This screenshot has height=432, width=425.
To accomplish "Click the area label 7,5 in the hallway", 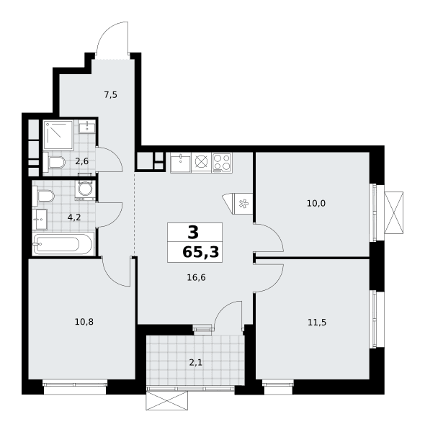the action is click(110, 95).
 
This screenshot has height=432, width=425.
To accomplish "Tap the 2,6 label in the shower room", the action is click(82, 161).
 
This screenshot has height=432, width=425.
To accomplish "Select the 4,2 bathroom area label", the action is click(74, 217).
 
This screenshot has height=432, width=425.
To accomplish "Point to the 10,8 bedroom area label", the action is click(84, 322).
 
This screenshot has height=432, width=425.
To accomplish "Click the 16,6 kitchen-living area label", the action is click(196, 277).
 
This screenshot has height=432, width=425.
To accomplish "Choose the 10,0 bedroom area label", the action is click(316, 204).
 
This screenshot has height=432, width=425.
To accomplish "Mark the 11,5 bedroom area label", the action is click(317, 322).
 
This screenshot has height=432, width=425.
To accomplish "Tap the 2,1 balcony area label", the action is click(196, 363).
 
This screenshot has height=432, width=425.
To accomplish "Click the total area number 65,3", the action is click(201, 252).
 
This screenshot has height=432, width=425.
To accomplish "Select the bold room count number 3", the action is click(193, 233).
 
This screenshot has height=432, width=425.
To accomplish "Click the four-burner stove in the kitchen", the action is click(222, 163).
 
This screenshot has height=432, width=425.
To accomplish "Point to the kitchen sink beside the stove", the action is click(181, 163).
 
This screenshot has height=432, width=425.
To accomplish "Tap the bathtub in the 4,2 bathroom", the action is click(63, 244).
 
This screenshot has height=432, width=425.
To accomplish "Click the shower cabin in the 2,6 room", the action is click(58, 135).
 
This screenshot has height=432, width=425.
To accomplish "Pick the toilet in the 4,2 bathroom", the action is click(43, 196).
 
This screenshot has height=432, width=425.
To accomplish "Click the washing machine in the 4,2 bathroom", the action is click(86, 190).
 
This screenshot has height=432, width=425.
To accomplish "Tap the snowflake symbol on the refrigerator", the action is click(243, 204).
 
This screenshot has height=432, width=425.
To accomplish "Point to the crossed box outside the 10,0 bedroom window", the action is click(393, 213).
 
